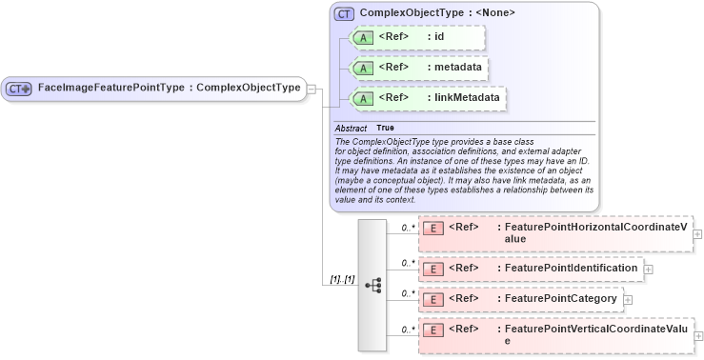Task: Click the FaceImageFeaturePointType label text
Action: [169, 89]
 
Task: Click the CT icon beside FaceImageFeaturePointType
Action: [19, 89]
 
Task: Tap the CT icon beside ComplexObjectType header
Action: [345, 13]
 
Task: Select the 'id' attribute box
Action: [418, 38]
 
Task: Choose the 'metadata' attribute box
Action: [420, 68]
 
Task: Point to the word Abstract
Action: [351, 128]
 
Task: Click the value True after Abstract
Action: [385, 128]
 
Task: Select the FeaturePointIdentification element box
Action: [531, 269]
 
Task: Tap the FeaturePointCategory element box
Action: [520, 299]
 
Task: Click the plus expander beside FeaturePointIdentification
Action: [649, 270]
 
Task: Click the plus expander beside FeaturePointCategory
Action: [628, 300]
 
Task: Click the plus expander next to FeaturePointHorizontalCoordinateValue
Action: [698, 233]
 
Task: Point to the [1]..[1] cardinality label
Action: [342, 280]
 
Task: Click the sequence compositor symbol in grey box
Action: [373, 285]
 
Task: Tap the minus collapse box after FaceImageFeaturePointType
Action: [312, 89]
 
